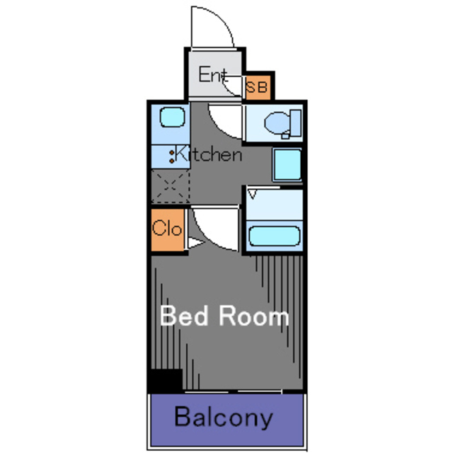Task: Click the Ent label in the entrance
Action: tap(213, 74)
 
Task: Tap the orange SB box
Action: tap(258, 87)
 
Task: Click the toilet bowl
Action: tap(277, 122)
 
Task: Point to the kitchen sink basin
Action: tap(172, 117)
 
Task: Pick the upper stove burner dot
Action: tap(172, 152)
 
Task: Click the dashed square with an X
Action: tap(171, 185)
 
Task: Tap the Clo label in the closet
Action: tap(167, 228)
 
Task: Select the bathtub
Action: tap(274, 236)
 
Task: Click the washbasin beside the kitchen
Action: tap(287, 165)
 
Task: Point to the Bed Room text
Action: tap(224, 316)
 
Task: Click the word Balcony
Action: tap(224, 417)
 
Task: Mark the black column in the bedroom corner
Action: tap(166, 381)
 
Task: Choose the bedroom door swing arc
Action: tap(203, 238)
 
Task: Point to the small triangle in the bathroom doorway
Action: tap(253, 194)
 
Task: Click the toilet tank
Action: tap(296, 122)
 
